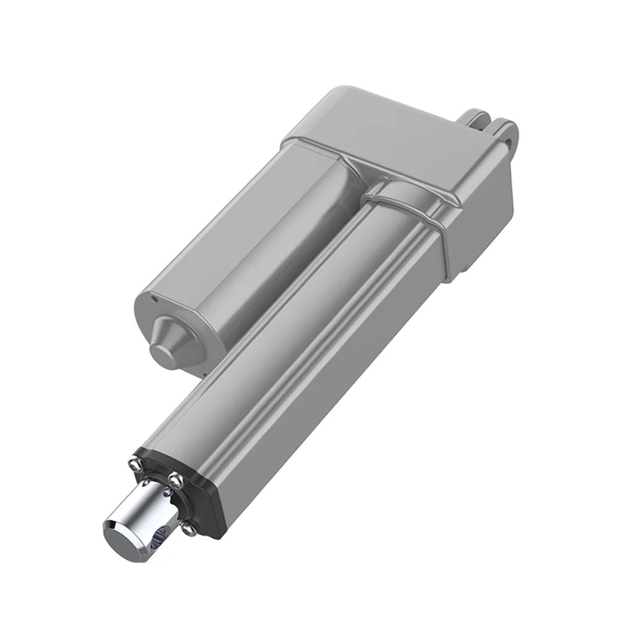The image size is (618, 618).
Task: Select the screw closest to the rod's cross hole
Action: tap(187, 527)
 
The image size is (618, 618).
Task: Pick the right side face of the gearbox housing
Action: tap(482, 229)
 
